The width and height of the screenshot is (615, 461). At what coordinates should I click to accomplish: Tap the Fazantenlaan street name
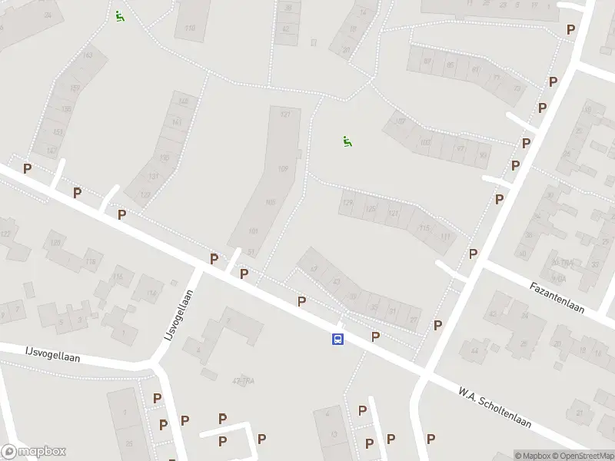(x=557, y=298)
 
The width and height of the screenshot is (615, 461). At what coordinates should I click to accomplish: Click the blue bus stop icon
(x=337, y=339)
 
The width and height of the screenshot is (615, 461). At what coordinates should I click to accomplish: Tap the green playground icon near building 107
(x=347, y=141)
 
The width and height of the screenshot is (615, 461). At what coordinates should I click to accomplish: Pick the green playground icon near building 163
(x=119, y=15)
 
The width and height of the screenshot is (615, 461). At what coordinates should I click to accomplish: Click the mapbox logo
(x=34, y=452)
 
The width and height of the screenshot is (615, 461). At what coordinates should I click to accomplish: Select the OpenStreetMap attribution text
(x=582, y=456)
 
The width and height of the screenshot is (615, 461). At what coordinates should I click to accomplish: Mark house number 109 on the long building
(x=282, y=169)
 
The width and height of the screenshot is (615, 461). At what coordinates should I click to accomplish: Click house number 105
(x=270, y=203)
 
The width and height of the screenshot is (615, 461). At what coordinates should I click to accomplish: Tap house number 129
(x=348, y=203)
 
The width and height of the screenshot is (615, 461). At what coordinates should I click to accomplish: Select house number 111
(x=446, y=237)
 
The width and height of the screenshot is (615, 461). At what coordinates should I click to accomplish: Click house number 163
(x=88, y=55)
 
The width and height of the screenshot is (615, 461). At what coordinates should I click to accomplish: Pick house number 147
(x=52, y=151)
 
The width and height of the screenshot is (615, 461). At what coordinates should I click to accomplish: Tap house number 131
(x=153, y=176)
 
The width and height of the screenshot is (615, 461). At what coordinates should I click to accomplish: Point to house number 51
(x=250, y=251)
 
